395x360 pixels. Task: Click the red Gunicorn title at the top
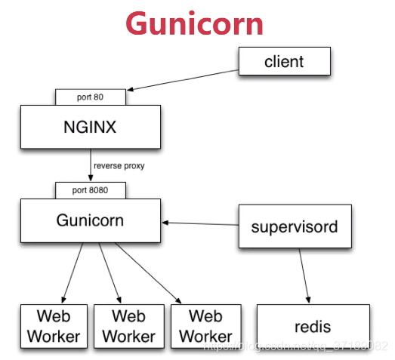[x=195, y=23]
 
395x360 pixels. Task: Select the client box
[x=284, y=62]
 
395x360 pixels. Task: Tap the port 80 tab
[x=90, y=97]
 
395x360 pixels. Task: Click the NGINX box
[x=90, y=126]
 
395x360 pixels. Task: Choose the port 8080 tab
[x=90, y=189]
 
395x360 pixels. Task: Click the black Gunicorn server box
[x=90, y=220]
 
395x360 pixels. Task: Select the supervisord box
[x=295, y=226]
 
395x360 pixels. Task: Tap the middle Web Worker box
[x=128, y=326]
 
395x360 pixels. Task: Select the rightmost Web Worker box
[x=205, y=326]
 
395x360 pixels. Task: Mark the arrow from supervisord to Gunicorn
[x=200, y=223]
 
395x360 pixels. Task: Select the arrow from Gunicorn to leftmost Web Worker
[x=73, y=272]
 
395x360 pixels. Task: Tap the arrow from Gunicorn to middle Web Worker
[x=108, y=272]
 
